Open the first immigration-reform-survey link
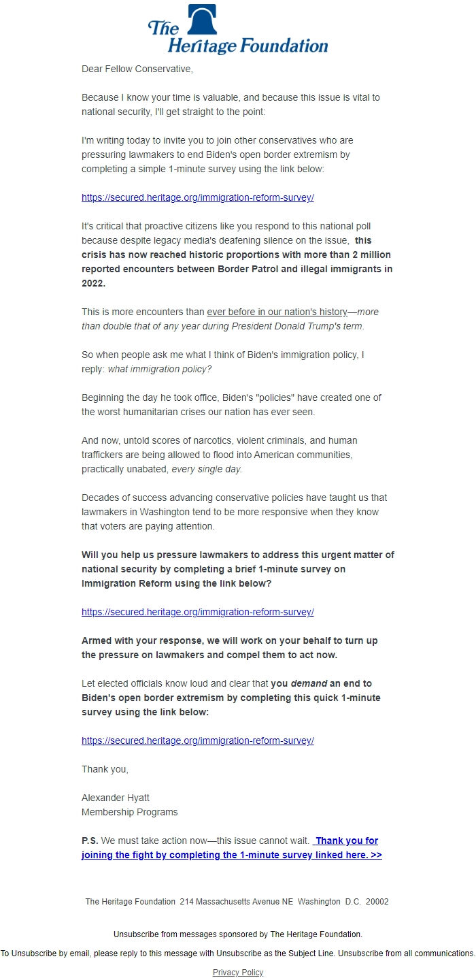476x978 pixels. pos(197,197)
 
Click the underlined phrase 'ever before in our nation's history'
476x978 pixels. pos(277,312)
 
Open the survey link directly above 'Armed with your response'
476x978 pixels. pos(197,612)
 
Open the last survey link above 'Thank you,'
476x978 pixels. pos(197,740)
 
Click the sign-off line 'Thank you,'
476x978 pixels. pos(105,769)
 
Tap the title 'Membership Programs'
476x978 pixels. pos(129,812)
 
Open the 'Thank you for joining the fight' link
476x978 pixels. pos(231,855)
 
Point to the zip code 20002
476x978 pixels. pos(377,901)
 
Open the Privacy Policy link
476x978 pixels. pos(237,972)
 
